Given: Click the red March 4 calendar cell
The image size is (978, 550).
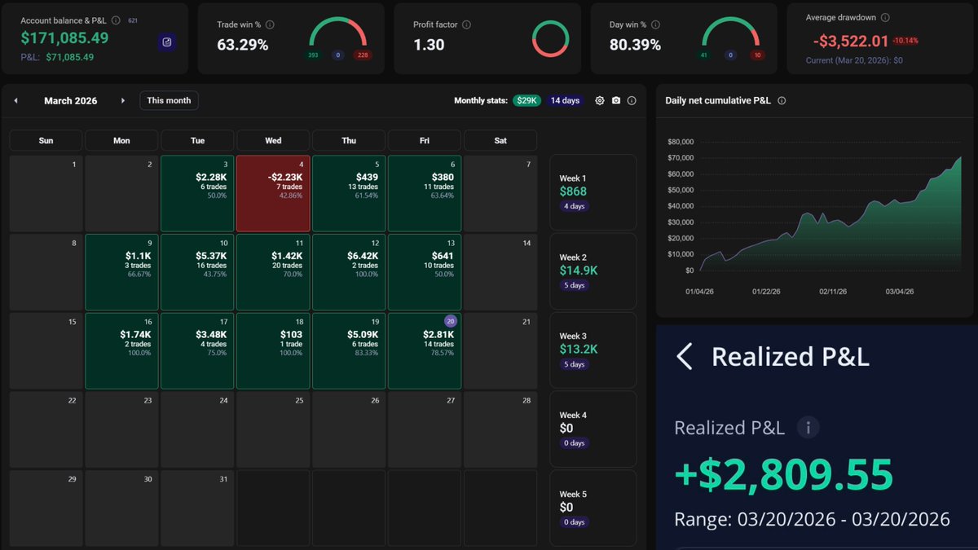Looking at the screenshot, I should tap(273, 193).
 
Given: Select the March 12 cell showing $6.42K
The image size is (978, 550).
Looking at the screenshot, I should tap(349, 271).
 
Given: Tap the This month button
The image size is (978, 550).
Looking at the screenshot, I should tap(169, 100).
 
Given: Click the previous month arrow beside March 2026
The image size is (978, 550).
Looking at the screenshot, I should tap(15, 101).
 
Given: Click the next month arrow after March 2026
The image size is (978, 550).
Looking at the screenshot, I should tap(123, 101).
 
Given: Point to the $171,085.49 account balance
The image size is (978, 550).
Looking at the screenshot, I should tap(64, 37).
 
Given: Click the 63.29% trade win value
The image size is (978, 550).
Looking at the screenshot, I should tap(243, 45).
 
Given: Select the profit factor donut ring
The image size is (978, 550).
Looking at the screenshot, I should tap(550, 39).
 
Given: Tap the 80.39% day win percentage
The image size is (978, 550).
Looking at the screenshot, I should tap(635, 45).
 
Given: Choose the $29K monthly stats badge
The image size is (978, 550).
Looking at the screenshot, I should tap(526, 100).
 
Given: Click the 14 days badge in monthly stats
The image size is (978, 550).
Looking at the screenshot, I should tap(565, 100).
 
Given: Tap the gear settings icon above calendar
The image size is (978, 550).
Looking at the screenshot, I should tap(600, 100).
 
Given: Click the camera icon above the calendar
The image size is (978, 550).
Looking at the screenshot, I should tap(616, 100).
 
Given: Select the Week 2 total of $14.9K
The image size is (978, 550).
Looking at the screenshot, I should tap(579, 270).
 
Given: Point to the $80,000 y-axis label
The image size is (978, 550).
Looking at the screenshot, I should tap(680, 142).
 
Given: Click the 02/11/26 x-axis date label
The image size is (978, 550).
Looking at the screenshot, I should tap(833, 291).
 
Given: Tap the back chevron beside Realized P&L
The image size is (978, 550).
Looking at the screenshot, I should tap(685, 356).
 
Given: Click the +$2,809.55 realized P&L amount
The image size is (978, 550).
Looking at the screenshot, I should tap(783, 474).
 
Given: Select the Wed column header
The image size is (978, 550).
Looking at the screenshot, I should tap(273, 140).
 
